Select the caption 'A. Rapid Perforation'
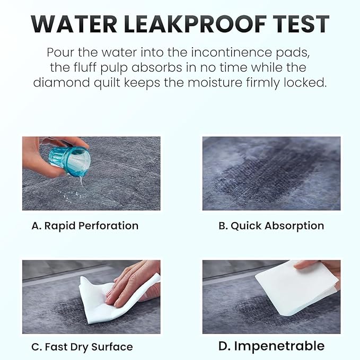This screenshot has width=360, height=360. point(85,225)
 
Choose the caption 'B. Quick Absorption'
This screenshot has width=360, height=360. point(271,225)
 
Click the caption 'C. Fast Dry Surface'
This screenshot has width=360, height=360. point(82,347)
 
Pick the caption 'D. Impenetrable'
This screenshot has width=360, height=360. point(271,346)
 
